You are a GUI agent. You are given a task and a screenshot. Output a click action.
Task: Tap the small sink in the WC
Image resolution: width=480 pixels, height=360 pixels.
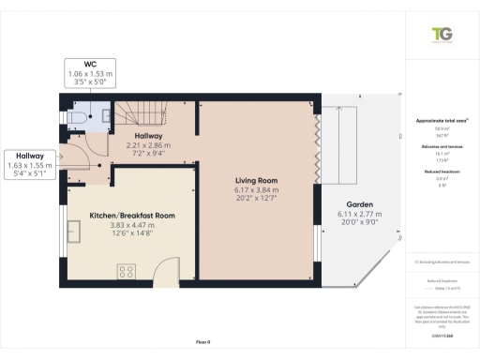[105, 116]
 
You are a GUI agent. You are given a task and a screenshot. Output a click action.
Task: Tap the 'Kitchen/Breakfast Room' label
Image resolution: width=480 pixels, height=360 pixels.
[132, 216]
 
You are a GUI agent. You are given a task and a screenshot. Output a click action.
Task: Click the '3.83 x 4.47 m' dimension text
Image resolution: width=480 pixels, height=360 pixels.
[132, 226]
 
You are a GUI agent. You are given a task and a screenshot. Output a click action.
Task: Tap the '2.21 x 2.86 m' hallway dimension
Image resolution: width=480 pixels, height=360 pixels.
[149, 145]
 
